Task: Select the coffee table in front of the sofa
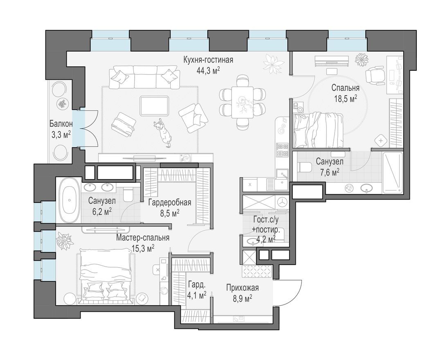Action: [154, 106]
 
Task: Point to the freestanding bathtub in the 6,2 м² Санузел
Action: [69, 200]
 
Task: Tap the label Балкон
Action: [61, 124]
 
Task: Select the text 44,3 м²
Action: [208, 70]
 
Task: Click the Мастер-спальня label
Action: [142, 238]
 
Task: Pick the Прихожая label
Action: [243, 288]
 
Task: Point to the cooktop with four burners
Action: [282, 150]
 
